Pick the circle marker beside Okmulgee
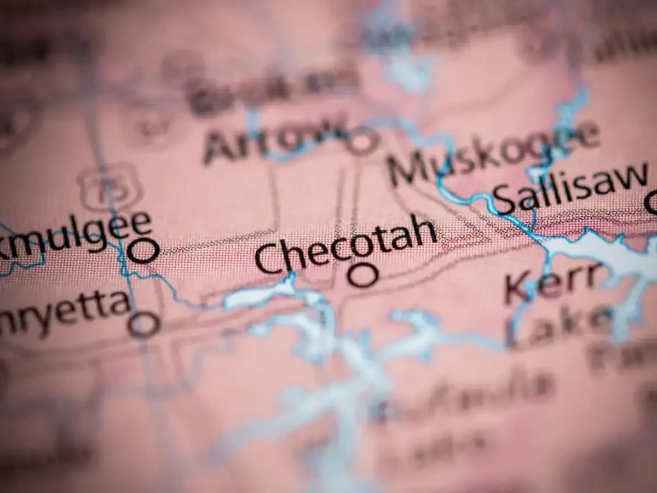click(143, 251)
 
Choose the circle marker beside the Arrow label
click(361, 141)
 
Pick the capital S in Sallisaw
click(505, 200)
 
